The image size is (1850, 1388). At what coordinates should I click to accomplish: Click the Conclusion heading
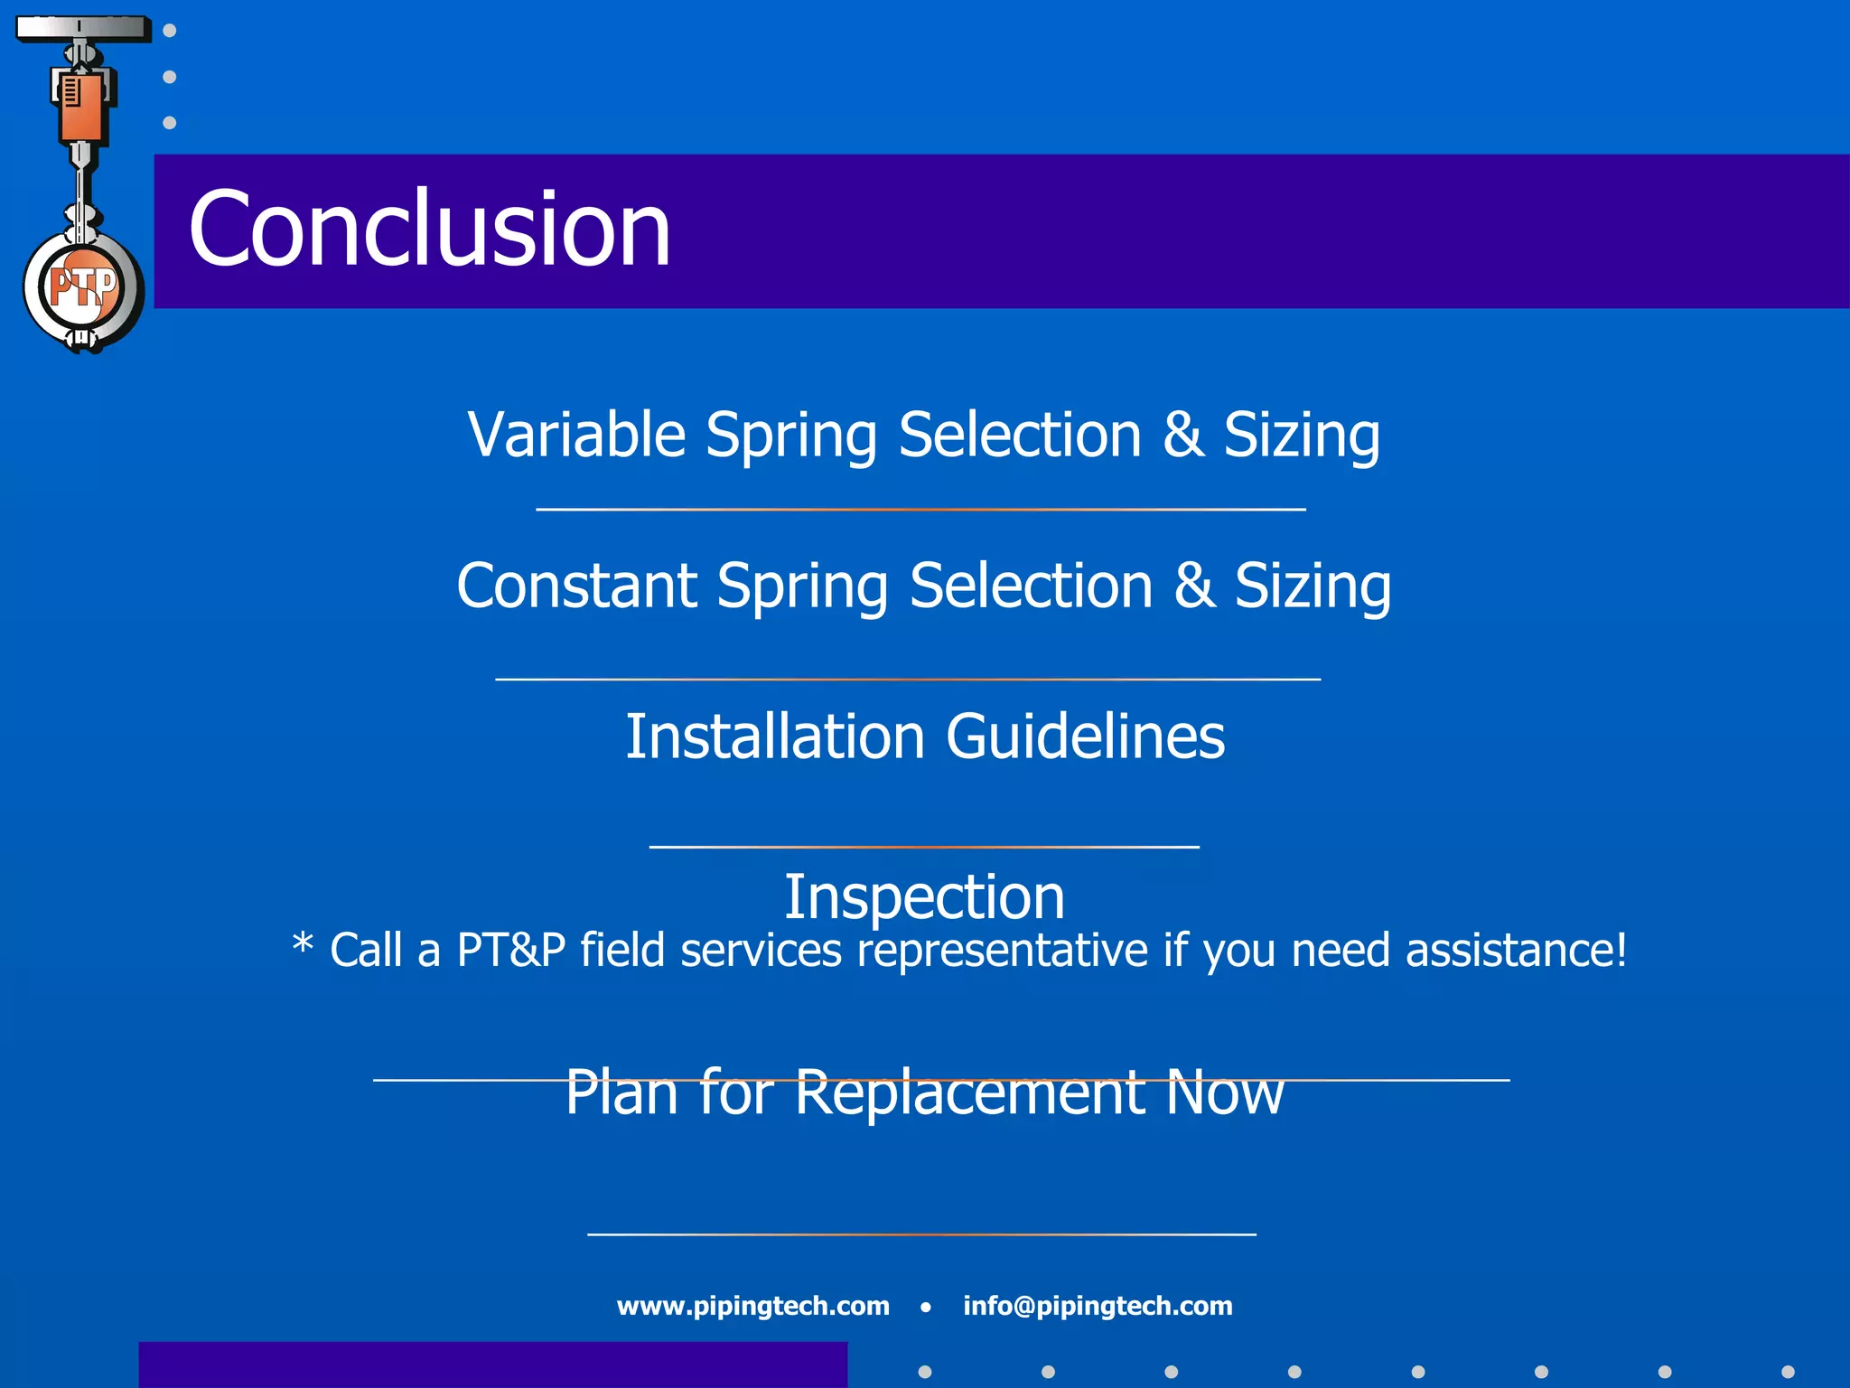[429, 230]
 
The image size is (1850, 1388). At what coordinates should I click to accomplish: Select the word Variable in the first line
[576, 435]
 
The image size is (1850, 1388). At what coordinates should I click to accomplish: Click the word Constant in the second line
[575, 586]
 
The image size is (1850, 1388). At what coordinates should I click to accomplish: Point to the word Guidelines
[1085, 736]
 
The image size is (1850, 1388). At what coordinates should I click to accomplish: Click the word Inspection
[924, 897]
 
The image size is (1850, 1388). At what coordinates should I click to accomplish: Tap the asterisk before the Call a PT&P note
[303, 945]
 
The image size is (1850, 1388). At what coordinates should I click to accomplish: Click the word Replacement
[969, 1093]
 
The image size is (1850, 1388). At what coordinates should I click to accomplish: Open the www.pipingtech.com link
[752, 1306]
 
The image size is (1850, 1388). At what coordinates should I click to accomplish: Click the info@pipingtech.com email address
[1098, 1306]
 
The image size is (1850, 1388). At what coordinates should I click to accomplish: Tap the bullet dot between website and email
[925, 1307]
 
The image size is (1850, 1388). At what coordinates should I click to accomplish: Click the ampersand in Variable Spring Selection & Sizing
[1183, 435]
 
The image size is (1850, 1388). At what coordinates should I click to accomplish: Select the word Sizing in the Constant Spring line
[1313, 586]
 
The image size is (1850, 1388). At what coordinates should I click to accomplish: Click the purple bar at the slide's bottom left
[492, 1365]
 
